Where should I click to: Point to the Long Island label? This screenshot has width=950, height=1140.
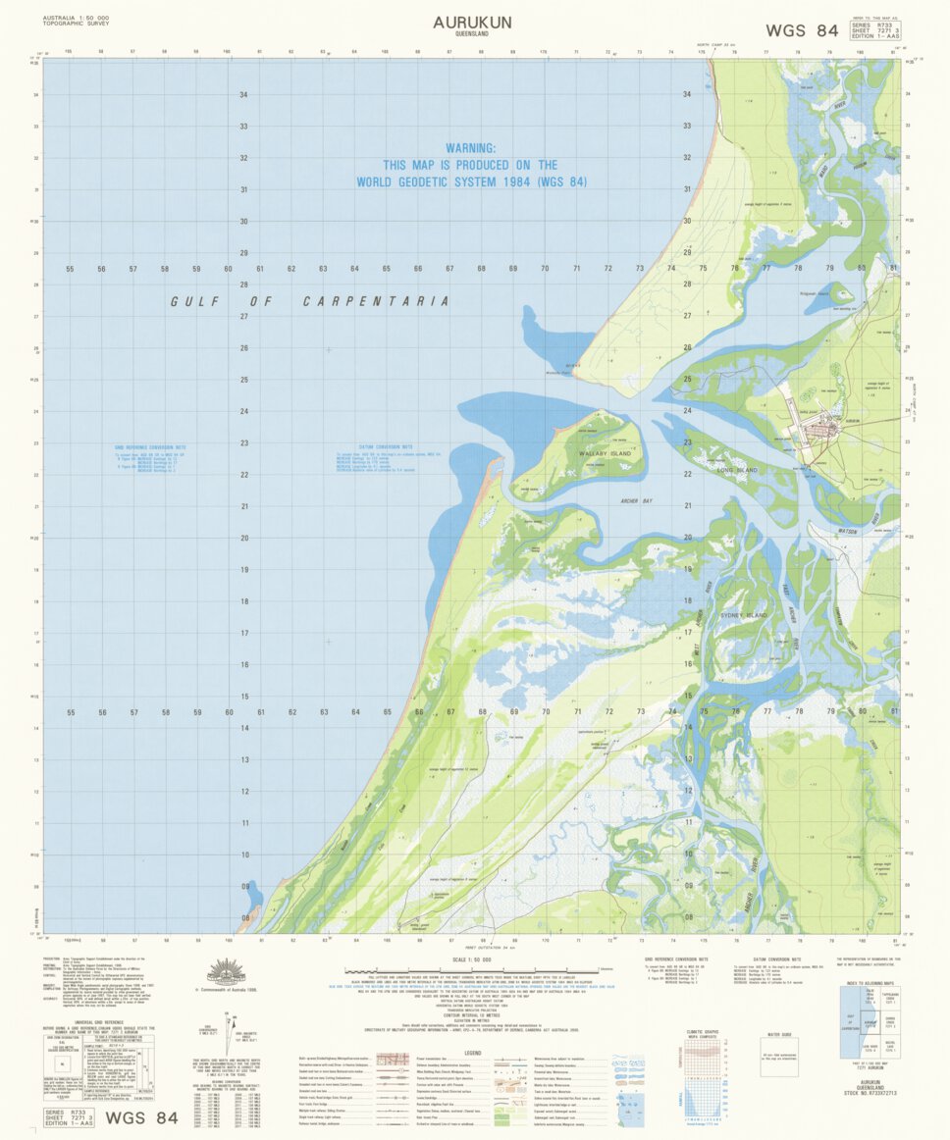[738, 471]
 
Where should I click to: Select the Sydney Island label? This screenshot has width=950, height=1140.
[743, 614]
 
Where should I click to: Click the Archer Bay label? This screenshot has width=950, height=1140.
[636, 500]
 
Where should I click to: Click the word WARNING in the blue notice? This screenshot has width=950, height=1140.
[471, 148]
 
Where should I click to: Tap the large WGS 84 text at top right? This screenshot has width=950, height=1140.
[802, 30]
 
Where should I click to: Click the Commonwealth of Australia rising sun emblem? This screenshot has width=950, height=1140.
[234, 973]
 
